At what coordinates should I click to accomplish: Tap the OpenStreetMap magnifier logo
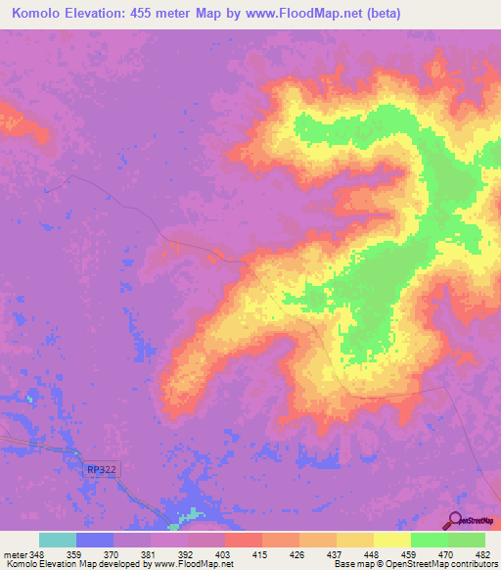tap(454, 521)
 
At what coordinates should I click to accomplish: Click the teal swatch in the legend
tap(58, 540)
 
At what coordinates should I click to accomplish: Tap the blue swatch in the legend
tap(95, 540)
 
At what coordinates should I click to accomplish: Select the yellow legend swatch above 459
tap(392, 540)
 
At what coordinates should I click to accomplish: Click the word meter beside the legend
tap(14, 554)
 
